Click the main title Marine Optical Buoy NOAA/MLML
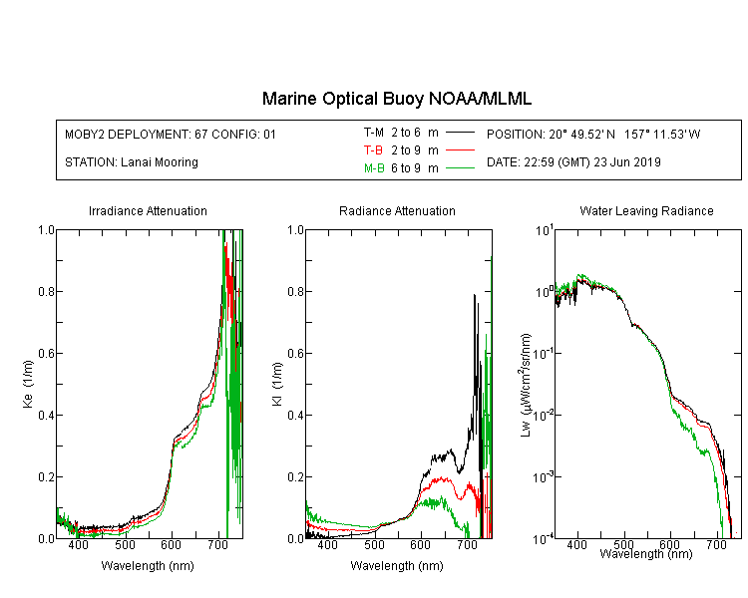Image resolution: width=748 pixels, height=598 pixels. click(x=396, y=99)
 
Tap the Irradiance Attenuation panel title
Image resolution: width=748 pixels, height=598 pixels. click(x=148, y=210)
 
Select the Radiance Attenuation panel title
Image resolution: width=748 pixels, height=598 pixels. click(x=397, y=210)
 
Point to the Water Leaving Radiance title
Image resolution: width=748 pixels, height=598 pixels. click(x=646, y=210)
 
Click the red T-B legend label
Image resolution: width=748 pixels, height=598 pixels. click(x=373, y=150)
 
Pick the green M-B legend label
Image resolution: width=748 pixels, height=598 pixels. click(x=374, y=168)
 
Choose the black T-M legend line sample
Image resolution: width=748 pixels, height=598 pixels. click(x=460, y=133)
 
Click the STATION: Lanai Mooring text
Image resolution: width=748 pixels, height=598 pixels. click(x=132, y=162)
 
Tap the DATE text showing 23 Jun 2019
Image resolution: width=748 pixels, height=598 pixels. click(x=573, y=162)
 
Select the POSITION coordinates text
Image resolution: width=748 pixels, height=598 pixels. click(x=593, y=134)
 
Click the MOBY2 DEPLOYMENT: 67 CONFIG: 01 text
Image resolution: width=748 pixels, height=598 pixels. click(x=171, y=134)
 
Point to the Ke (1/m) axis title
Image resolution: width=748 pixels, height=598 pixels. click(x=28, y=384)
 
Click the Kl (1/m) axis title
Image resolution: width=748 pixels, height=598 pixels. click(x=277, y=384)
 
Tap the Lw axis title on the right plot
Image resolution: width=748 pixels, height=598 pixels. click(x=526, y=385)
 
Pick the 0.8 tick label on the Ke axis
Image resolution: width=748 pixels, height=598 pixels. click(x=47, y=291)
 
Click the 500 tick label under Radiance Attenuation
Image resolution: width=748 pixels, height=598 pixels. click(x=374, y=544)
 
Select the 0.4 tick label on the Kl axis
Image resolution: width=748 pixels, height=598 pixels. click(x=296, y=416)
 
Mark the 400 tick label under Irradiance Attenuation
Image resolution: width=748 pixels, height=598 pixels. click(x=78, y=544)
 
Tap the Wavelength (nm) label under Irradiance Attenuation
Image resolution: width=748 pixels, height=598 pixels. click(x=148, y=566)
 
